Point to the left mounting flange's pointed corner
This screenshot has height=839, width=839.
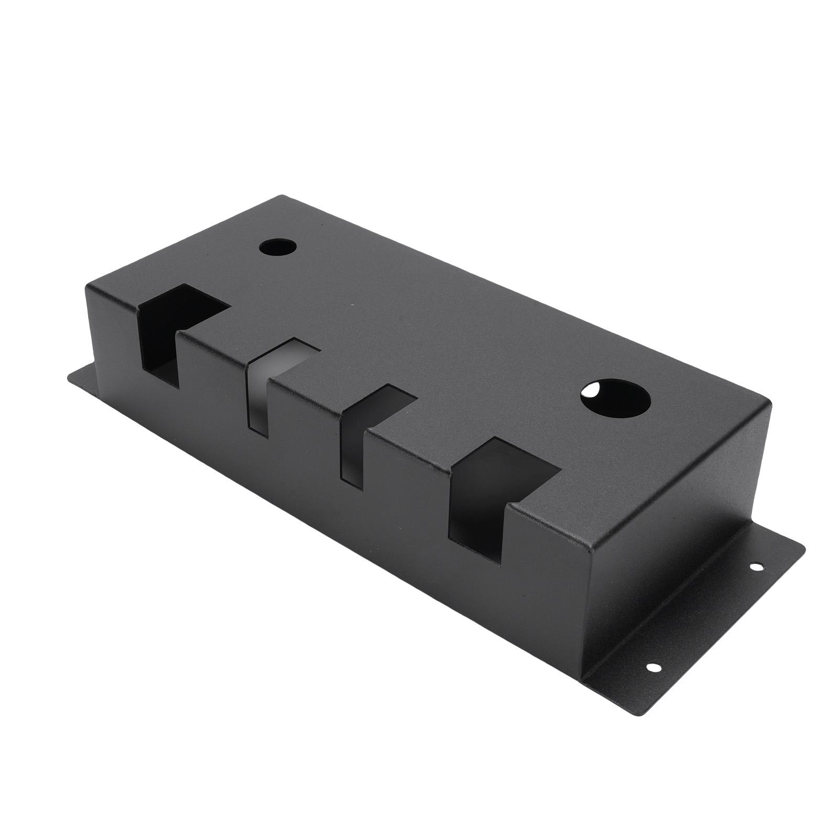[70, 373]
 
